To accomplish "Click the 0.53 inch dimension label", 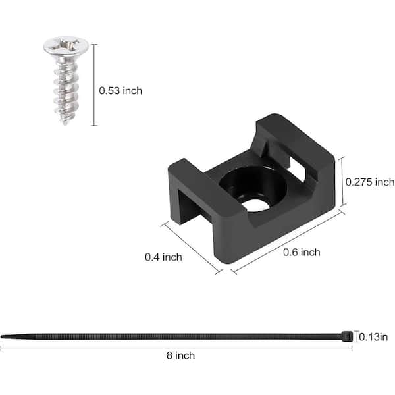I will [x=120, y=90].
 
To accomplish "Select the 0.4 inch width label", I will [x=163, y=257].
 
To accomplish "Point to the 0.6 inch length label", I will [x=302, y=252].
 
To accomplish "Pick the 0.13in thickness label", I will [x=373, y=337].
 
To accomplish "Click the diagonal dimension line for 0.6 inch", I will [x=288, y=240].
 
